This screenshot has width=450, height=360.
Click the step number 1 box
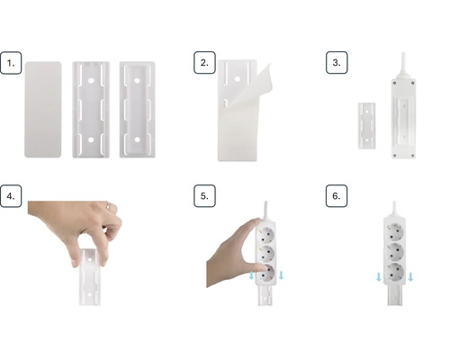click(12, 64)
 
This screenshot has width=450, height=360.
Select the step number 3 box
click(336, 64)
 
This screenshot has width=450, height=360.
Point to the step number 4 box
click(12, 197)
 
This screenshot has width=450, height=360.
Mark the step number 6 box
click(336, 197)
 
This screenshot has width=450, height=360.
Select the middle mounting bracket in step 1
click(91, 106)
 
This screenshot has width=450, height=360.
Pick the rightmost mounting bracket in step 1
click(137, 106)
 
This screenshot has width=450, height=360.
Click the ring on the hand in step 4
click(107, 206)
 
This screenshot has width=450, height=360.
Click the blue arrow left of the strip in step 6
click(378, 277)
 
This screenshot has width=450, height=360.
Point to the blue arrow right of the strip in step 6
click(411, 277)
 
